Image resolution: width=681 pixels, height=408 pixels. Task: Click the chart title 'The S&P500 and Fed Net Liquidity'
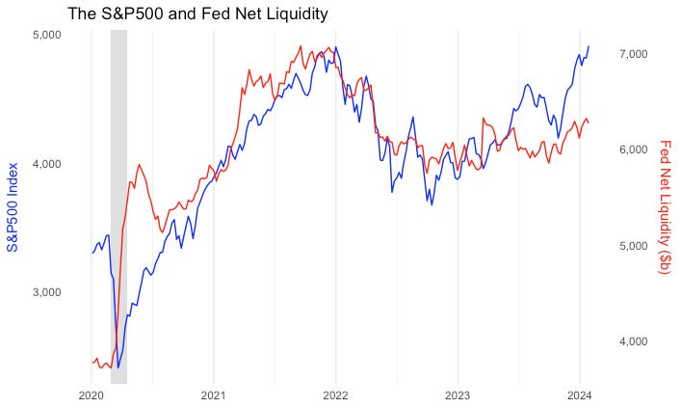point(197,14)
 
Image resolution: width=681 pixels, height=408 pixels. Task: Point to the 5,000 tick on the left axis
point(48,35)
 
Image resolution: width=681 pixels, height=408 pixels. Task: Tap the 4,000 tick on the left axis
point(48,164)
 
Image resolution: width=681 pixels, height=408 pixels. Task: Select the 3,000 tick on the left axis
point(48,292)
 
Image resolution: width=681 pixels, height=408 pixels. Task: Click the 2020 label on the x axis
point(91,394)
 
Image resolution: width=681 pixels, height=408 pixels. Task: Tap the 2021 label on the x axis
point(213,394)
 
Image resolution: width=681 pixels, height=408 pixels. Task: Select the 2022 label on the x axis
point(335,394)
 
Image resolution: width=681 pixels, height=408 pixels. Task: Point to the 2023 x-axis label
point(458,394)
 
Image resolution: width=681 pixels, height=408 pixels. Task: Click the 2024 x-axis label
point(580,394)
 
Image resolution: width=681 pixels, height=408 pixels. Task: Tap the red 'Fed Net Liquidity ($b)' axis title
point(665,206)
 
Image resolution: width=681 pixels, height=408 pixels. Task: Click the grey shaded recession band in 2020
point(118,193)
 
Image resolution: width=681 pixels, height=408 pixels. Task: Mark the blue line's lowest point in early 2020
point(118,367)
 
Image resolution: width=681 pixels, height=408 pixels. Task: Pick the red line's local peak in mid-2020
point(140,165)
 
